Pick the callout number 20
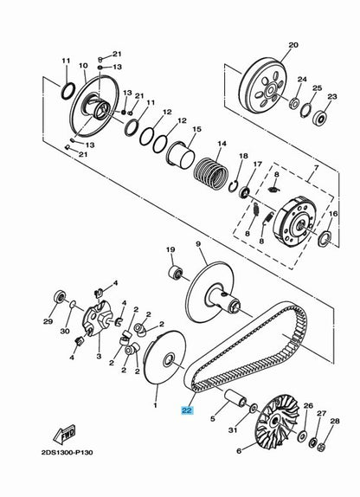292,45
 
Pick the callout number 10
83,65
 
